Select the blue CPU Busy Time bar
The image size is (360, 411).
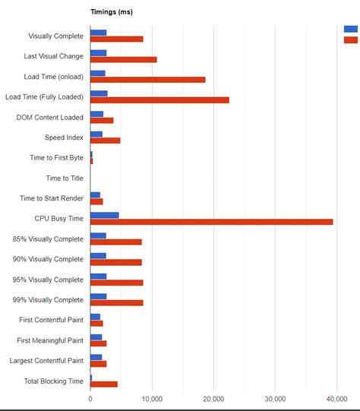click(104, 215)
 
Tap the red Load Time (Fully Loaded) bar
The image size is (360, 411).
click(159, 100)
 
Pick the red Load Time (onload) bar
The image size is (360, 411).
click(147, 79)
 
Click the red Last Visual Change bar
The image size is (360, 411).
click(123, 59)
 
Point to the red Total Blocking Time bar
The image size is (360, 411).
click(103, 384)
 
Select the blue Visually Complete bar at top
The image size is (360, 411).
click(98, 33)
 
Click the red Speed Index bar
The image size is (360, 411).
click(105, 141)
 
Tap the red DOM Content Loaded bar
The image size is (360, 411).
click(102, 120)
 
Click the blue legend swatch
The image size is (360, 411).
click(351, 29)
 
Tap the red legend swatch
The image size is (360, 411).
click(351, 40)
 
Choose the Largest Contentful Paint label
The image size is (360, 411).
click(46, 360)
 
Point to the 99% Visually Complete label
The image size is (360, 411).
click(48, 300)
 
